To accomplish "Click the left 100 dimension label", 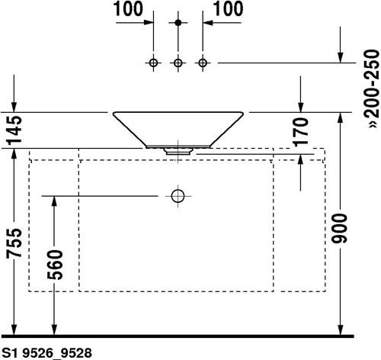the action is [128, 9].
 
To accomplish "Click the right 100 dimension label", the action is [228, 9].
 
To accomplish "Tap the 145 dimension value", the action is [14, 130].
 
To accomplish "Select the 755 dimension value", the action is [14, 243].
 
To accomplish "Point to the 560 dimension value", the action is [55, 265].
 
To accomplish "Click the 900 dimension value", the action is [340, 228].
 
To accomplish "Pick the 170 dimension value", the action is [301, 132].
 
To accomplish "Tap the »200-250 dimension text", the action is [372, 89].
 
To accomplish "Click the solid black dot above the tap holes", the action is [178, 23].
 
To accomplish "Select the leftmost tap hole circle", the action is [153, 63].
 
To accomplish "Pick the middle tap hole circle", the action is [178, 63].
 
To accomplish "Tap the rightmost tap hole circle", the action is [203, 63].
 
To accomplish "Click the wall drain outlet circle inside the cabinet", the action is [178, 196].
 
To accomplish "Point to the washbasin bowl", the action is [178, 130].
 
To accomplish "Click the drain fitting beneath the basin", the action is [178, 151].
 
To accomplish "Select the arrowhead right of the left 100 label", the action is [149, 22].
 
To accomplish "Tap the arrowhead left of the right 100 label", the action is [207, 23].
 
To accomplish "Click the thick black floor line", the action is [177, 336].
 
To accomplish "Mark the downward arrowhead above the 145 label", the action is [14, 107].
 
